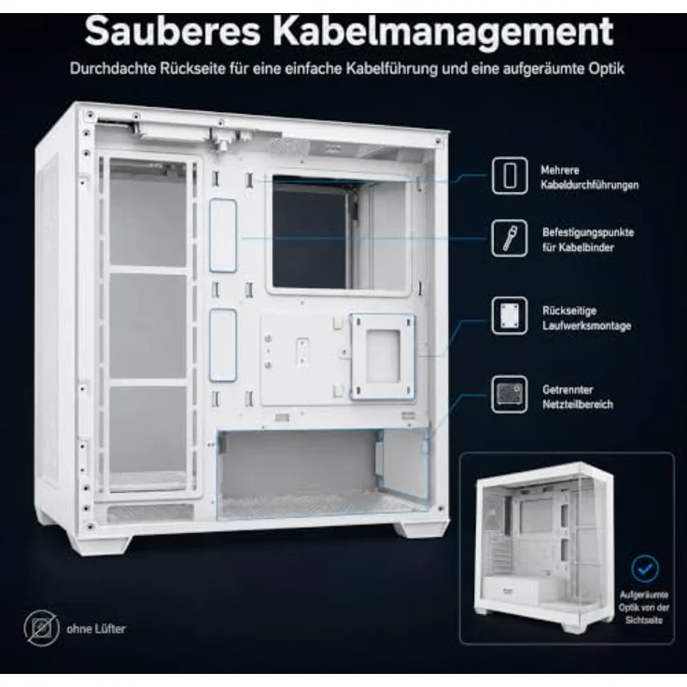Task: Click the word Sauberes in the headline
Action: [173, 31]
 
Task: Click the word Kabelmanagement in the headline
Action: [443, 31]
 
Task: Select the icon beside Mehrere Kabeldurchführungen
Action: [510, 175]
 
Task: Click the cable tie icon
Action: [510, 238]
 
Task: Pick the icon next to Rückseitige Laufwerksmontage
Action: [510, 315]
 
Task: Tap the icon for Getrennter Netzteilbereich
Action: [510, 394]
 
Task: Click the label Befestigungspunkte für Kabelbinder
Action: [588, 240]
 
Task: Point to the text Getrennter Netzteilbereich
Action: [578, 397]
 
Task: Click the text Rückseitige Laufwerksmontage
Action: [587, 318]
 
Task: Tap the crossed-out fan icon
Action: [42, 628]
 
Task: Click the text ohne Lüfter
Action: [96, 629]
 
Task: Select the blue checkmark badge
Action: [645, 568]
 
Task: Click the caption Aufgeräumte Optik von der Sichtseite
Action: [644, 608]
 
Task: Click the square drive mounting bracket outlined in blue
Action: [383, 357]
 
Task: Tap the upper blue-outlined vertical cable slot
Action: [223, 236]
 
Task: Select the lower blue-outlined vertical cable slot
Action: [223, 344]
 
